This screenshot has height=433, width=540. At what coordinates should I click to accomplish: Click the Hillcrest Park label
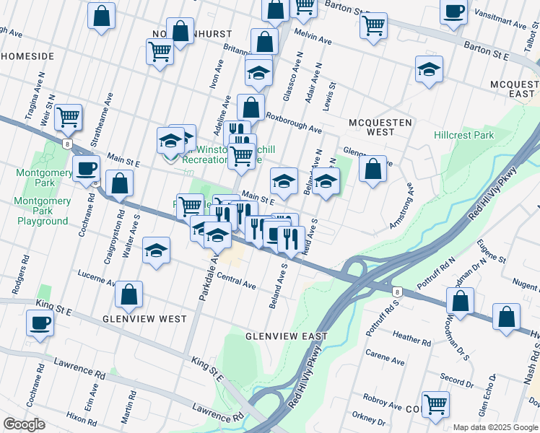463,135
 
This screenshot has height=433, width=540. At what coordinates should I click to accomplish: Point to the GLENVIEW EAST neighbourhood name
286,336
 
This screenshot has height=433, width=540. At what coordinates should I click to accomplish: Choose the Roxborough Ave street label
293,121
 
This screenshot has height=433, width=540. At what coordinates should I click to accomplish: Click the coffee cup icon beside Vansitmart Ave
453,12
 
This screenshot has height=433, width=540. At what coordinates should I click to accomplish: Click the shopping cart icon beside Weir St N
68,116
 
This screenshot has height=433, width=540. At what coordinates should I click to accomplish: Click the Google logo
25,424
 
